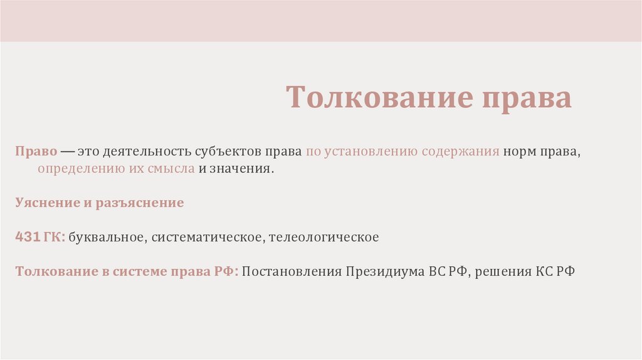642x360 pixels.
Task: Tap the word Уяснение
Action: [x=46, y=203]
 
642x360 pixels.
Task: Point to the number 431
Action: [x=28, y=238]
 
